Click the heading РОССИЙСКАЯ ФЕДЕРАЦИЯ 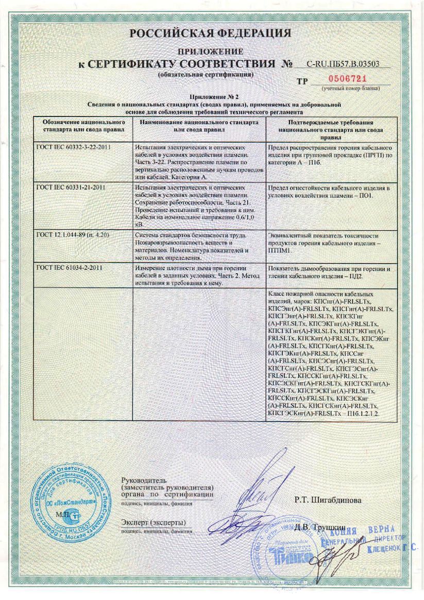(x=210, y=33)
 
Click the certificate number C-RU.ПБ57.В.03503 (x=343, y=64)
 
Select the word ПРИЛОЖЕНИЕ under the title (x=210, y=52)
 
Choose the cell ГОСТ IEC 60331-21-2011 (x=71, y=187)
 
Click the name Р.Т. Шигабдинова (x=328, y=500)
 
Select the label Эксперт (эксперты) (x=153, y=523)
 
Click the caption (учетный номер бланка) (x=350, y=89)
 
